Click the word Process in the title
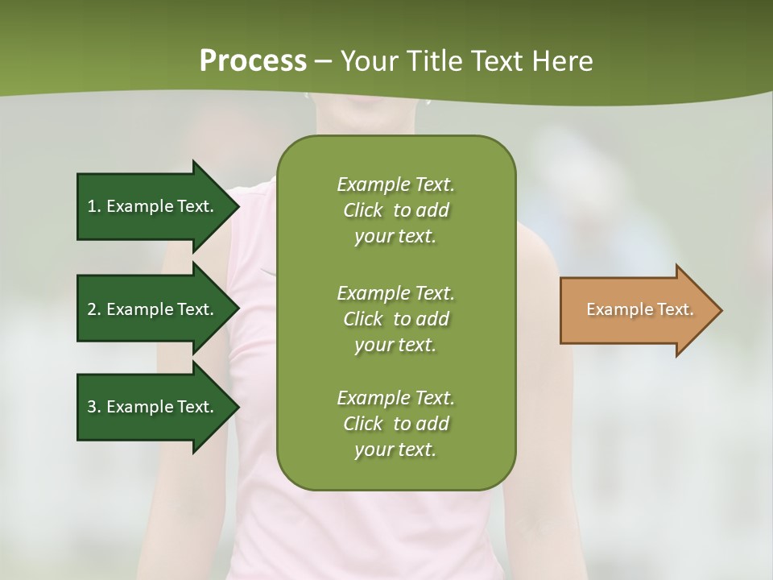[x=253, y=61]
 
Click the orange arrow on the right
[x=636, y=310]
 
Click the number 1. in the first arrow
[x=93, y=206]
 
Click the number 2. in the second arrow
[x=93, y=309]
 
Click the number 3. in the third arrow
[x=93, y=407]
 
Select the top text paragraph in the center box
[x=395, y=210]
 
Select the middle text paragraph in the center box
[x=395, y=318]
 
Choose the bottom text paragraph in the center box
[x=395, y=424]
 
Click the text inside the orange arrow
[x=639, y=309]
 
